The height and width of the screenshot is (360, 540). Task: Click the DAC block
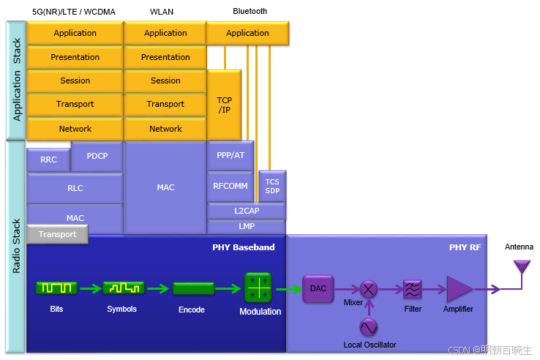(318, 288)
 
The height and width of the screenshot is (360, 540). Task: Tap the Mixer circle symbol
(369, 289)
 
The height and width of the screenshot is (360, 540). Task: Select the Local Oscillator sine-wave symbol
(369, 326)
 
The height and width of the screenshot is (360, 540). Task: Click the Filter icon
(413, 289)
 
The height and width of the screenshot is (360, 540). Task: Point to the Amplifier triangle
(460, 289)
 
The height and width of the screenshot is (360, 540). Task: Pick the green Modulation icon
(258, 287)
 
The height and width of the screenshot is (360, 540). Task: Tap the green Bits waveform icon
(56, 288)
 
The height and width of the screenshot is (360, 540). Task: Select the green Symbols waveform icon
(123, 288)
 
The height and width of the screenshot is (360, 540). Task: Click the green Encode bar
(193, 288)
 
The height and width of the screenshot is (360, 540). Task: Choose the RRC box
(48, 160)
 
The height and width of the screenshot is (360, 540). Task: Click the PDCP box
(97, 156)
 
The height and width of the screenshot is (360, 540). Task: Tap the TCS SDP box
(272, 186)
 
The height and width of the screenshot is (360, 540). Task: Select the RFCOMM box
(230, 186)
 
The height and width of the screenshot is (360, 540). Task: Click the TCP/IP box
(224, 104)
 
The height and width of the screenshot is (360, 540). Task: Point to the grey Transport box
(57, 234)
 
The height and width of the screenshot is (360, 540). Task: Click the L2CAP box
(247, 211)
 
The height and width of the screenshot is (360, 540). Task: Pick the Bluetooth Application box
(247, 33)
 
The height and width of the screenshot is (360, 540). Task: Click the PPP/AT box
(230, 155)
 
